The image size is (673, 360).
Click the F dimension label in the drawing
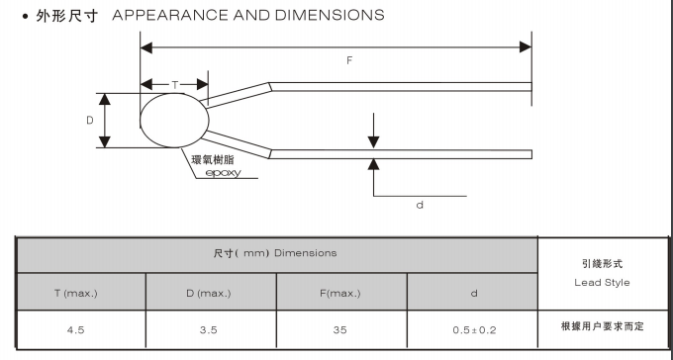(x=349, y=60)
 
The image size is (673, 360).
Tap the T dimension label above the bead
(x=175, y=85)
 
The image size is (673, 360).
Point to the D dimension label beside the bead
(x=90, y=120)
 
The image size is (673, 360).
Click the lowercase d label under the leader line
(x=420, y=205)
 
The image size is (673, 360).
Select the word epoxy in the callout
(x=224, y=173)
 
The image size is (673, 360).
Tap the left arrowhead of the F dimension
(x=146, y=47)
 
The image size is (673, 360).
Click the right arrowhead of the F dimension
(x=526, y=47)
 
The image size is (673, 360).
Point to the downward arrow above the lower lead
(x=373, y=131)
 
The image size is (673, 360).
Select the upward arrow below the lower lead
(x=373, y=177)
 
